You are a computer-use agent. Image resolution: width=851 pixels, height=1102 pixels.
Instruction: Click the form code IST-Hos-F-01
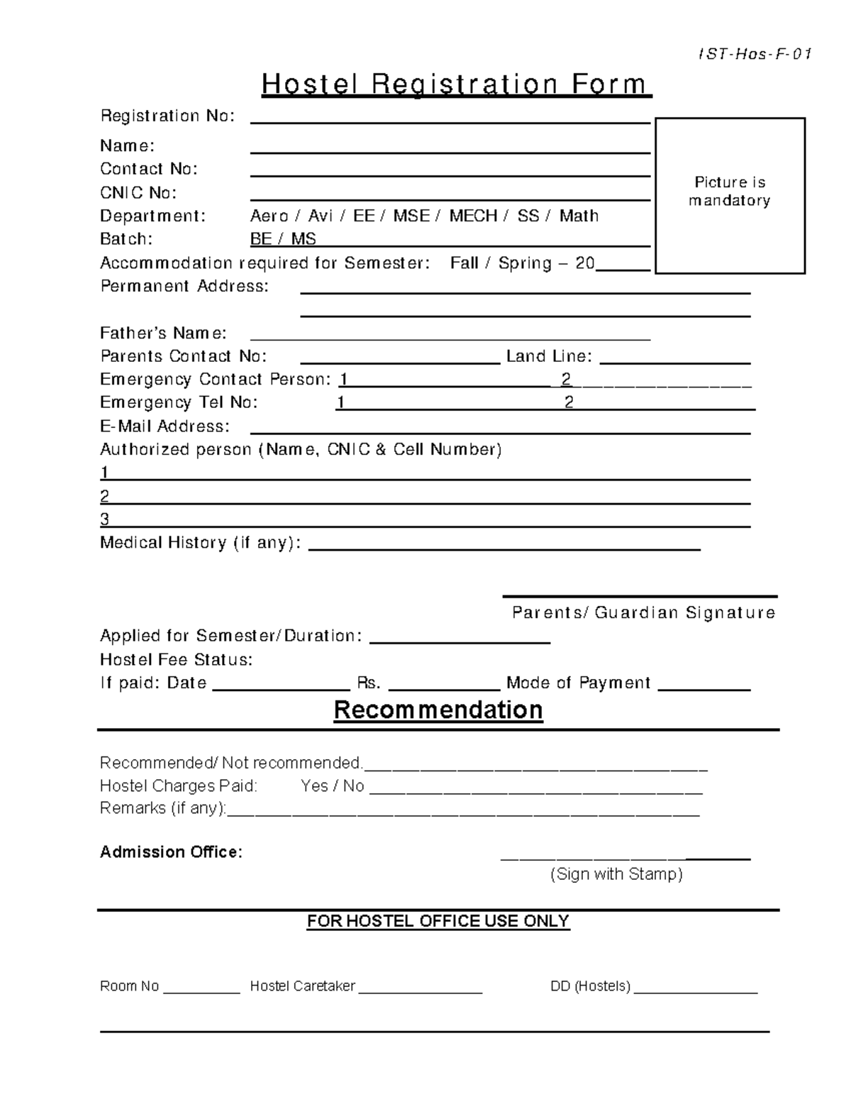click(755, 55)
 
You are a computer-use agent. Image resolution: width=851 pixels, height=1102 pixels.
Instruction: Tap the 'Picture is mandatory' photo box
click(730, 195)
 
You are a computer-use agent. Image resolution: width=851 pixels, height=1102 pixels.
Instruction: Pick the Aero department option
click(269, 216)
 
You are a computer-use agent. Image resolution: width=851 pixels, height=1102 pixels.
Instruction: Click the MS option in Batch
click(304, 239)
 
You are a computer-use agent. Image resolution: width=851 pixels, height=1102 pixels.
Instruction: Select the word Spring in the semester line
click(525, 263)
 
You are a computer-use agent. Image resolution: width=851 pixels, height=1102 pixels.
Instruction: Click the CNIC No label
click(138, 193)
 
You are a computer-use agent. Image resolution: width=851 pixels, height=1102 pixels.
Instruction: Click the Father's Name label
click(163, 333)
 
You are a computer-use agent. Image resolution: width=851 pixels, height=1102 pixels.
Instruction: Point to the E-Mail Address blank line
click(500, 428)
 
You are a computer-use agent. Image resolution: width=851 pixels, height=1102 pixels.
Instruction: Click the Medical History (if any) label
click(200, 543)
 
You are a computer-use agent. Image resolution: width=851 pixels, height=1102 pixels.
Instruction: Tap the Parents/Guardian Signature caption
click(643, 612)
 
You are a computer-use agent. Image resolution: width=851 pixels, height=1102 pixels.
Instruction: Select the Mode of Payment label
click(578, 683)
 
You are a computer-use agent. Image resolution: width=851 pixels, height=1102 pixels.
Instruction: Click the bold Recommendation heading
click(438, 710)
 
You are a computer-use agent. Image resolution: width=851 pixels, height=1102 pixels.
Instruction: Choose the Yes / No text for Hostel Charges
click(332, 786)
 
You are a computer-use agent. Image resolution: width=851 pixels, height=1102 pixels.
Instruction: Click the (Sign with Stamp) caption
click(616, 874)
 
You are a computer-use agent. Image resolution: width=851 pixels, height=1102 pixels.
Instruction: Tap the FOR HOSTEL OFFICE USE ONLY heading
click(438, 921)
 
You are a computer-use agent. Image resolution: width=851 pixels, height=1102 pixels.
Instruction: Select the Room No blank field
click(201, 988)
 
